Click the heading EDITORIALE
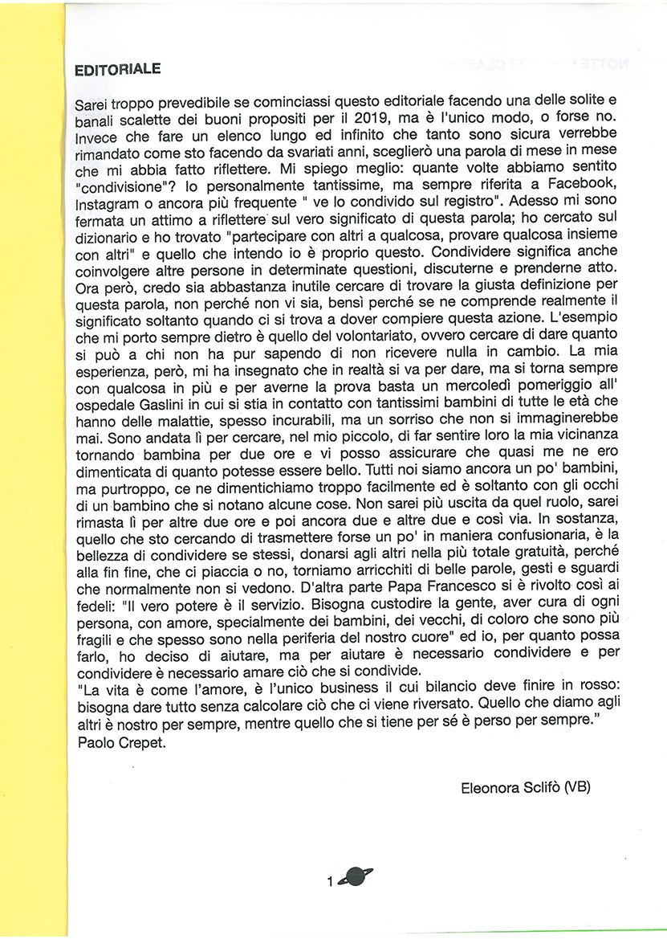click(117, 70)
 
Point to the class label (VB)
click(577, 787)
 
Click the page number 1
click(330, 881)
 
